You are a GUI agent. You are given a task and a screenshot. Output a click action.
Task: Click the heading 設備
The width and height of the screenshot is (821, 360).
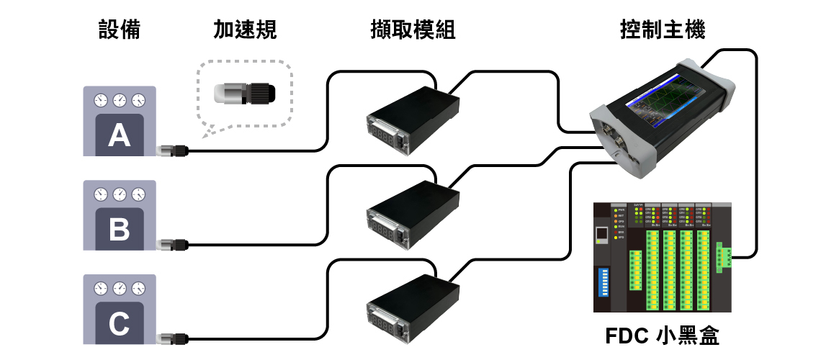tap(119, 30)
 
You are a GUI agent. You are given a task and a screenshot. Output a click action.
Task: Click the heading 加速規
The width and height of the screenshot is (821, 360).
tap(245, 30)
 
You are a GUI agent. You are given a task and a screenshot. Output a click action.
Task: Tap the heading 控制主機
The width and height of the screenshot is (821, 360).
tap(663, 30)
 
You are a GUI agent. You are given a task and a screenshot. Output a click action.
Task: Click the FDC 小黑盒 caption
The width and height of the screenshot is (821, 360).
tap(662, 336)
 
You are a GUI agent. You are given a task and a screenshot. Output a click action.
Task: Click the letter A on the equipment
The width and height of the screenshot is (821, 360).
tap(119, 135)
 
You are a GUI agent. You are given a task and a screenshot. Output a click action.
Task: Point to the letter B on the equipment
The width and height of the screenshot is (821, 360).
tap(119, 229)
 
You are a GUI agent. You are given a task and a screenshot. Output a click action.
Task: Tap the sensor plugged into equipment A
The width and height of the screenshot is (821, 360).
tap(172, 150)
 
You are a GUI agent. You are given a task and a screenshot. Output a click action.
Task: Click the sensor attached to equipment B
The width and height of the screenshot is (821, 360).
tap(172, 244)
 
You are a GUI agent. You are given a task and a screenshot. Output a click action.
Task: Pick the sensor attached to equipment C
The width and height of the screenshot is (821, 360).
tap(172, 338)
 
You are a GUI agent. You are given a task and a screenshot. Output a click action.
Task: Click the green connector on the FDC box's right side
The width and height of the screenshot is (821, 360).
tap(724, 256)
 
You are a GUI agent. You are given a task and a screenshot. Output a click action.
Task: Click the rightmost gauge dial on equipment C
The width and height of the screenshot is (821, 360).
tap(138, 287)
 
